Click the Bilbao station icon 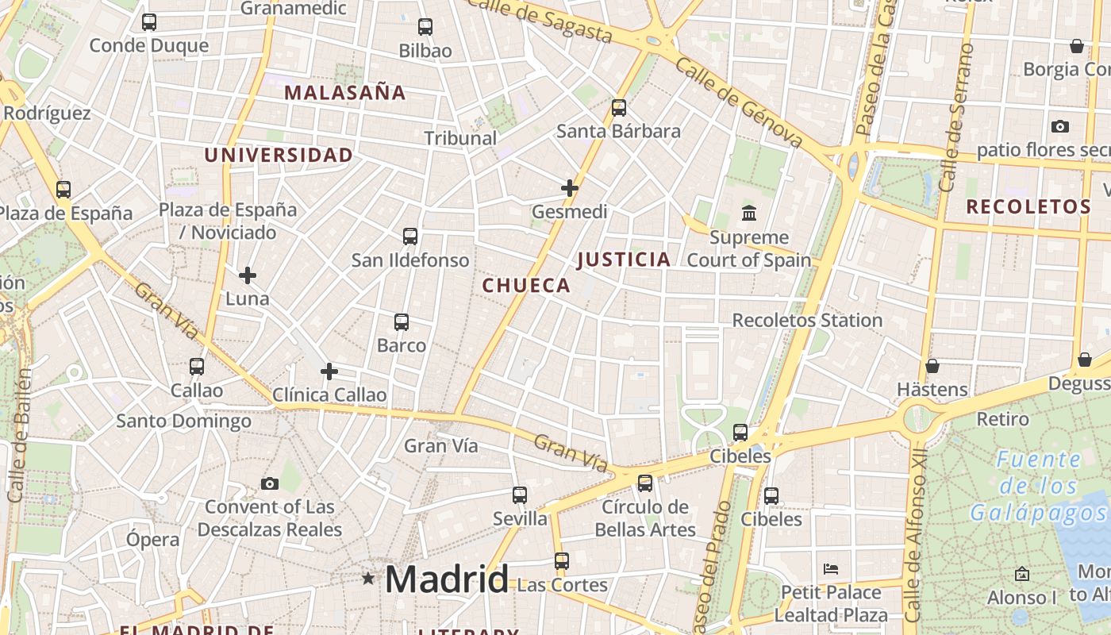click(x=425, y=27)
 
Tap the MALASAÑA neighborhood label click(x=345, y=93)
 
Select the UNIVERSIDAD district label click(x=279, y=156)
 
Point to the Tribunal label click(x=460, y=138)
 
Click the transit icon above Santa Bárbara click(x=619, y=107)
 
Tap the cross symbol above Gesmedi click(x=570, y=188)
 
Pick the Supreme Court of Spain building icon click(x=749, y=213)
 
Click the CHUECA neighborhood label click(x=527, y=286)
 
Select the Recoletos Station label click(x=807, y=321)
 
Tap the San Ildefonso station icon click(x=410, y=236)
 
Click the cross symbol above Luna click(x=248, y=275)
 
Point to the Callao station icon click(x=197, y=367)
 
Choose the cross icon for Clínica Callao click(x=329, y=371)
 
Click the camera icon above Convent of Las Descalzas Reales click(x=270, y=483)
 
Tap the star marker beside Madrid click(x=368, y=579)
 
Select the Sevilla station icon click(x=520, y=495)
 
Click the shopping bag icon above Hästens click(x=932, y=366)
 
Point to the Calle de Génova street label click(x=739, y=102)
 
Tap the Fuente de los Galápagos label click(x=1039, y=486)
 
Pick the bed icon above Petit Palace click(x=831, y=568)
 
